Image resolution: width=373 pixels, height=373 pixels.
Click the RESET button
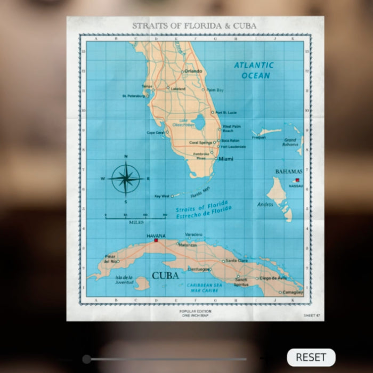click(x=311, y=357)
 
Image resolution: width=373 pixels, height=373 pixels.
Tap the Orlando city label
click(x=193, y=71)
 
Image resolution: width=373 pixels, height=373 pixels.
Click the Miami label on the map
click(x=226, y=159)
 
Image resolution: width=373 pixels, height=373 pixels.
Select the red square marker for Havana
click(x=156, y=240)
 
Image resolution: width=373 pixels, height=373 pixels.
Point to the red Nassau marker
click(x=297, y=181)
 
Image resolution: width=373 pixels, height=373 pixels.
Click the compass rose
click(x=126, y=179)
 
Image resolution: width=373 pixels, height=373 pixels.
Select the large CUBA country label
click(x=165, y=275)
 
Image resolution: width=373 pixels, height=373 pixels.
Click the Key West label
click(x=161, y=196)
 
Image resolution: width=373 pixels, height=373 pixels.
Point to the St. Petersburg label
click(x=133, y=96)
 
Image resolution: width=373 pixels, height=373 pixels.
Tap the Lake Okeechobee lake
click(x=198, y=123)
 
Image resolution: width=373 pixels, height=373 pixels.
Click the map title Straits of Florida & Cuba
click(x=194, y=26)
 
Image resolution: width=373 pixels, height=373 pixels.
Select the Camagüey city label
click(x=293, y=293)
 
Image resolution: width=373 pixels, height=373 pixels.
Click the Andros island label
click(x=265, y=204)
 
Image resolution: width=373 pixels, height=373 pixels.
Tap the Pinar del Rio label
click(x=110, y=259)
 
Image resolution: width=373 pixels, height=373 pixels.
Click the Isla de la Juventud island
click(x=142, y=283)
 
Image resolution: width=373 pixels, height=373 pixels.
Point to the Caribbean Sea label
click(x=203, y=288)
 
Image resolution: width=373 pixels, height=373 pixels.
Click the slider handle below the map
click(x=87, y=359)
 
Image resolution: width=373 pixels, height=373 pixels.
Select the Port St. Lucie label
click(x=225, y=112)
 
